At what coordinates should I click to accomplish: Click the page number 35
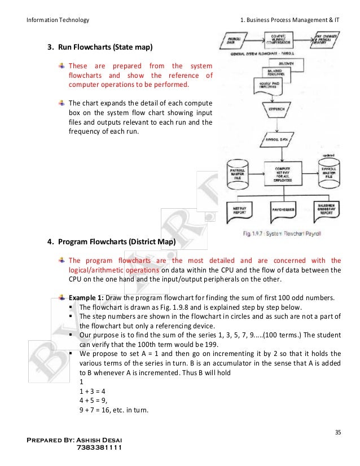tap(338, 433)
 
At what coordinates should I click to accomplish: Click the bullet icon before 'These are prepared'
tap(62, 65)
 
